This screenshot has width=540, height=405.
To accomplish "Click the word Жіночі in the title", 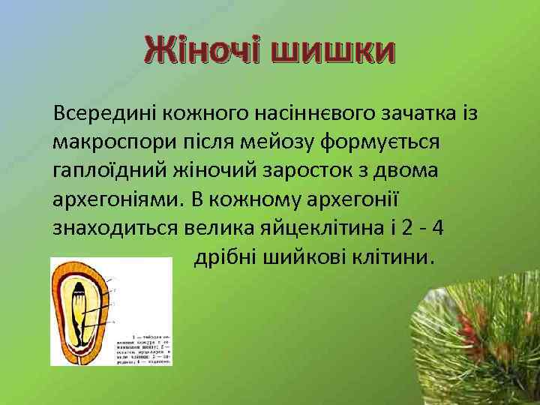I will (202, 52).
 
